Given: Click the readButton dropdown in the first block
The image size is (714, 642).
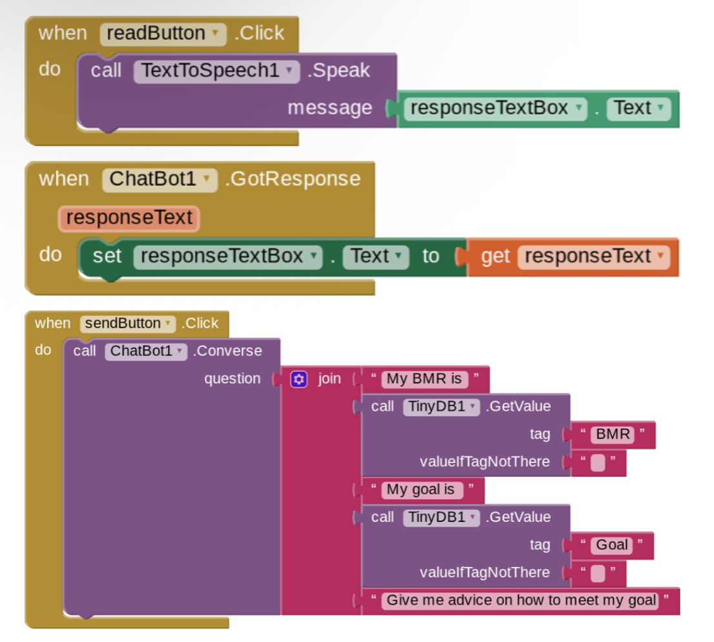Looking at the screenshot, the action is coord(163,34).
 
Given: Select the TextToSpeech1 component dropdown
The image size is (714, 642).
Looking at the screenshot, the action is coord(217,71).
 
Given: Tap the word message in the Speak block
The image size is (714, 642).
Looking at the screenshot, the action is coord(330,108).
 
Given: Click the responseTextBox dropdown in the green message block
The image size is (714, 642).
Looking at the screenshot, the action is coord(495,109).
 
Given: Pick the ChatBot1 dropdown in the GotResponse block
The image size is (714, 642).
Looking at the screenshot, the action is coord(159,180).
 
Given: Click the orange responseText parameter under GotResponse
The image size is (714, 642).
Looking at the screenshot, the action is coord(129,218).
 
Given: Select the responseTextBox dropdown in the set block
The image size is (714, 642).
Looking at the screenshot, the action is coord(228,256).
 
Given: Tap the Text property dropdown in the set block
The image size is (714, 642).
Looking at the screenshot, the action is coord(376,256).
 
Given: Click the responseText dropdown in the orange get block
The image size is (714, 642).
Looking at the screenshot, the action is coord(594,256).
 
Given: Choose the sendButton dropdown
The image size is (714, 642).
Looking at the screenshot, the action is coord(128,324).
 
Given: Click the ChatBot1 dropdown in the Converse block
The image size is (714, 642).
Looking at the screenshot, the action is coord(146,351).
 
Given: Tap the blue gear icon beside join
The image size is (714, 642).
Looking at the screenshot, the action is coord(299,379).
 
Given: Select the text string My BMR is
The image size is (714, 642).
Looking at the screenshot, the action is coord(424,379).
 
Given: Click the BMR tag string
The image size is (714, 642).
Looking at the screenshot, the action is coord(613,435).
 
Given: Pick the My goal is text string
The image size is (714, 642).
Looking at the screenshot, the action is coord(421,490).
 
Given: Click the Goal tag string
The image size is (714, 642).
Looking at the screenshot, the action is coord(611,545).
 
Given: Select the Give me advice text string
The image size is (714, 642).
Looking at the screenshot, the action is coord(521,601).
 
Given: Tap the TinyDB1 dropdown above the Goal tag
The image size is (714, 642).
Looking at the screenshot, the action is coord(441,517).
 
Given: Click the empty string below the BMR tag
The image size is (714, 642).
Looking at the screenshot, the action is coord(598,463).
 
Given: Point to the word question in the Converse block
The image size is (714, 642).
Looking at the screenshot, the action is coord(232,379).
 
